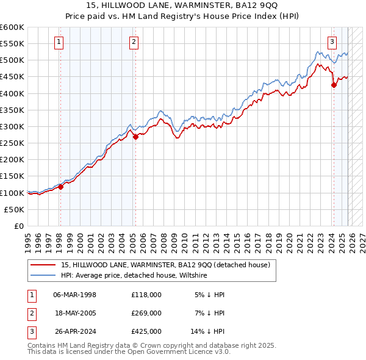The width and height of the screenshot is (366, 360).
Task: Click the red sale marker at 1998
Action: click(x=60, y=187)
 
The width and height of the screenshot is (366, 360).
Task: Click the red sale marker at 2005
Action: click(x=135, y=137)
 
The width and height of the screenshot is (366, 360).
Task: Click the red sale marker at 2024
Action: click(x=334, y=85)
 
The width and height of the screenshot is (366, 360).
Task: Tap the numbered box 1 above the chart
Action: click(x=59, y=42)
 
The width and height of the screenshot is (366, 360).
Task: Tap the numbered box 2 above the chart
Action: click(x=134, y=42)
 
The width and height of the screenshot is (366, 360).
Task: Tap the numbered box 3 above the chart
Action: click(x=332, y=42)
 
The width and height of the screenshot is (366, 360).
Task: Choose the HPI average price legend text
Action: click(x=134, y=276)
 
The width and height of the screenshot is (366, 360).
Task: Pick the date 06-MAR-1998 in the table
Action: click(x=74, y=295)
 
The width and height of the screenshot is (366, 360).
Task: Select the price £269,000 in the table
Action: click(x=146, y=313)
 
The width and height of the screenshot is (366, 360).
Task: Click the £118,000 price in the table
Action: click(x=146, y=295)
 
